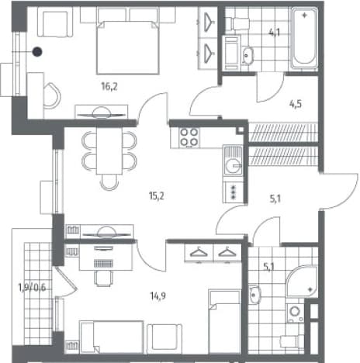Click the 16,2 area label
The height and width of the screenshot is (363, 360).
(x=109, y=86)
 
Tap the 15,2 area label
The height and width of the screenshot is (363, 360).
(x=157, y=196)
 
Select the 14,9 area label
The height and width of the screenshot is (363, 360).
(x=157, y=296)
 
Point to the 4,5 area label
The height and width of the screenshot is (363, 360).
(x=296, y=104)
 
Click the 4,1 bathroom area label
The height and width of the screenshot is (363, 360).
(x=275, y=33)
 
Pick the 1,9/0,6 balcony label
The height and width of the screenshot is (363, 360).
(x=32, y=287)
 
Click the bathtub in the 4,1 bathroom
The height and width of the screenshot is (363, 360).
(x=304, y=38)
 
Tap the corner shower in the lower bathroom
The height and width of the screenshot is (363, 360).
(x=302, y=282)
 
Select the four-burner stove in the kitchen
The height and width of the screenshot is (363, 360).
(x=189, y=137)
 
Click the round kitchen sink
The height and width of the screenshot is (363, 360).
(x=234, y=166)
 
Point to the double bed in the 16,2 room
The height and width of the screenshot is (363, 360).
(x=127, y=48)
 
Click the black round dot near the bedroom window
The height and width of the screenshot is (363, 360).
(x=37, y=52)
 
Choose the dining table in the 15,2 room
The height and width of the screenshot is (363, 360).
(x=109, y=150)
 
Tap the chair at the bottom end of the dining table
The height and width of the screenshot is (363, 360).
(x=109, y=182)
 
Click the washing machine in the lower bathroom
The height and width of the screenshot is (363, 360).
(x=296, y=313)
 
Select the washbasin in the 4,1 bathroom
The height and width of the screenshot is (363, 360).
(x=248, y=55)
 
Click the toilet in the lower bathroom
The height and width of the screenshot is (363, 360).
(x=292, y=341)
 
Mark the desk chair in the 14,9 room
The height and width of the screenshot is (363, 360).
(x=104, y=278)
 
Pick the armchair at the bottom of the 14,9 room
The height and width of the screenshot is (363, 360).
(x=164, y=339)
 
